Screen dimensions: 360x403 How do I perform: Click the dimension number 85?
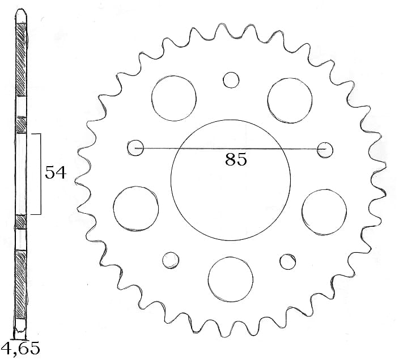(x=236, y=160)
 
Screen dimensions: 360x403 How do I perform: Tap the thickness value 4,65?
(x=20, y=348)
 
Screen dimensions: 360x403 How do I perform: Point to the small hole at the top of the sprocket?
(x=231, y=80)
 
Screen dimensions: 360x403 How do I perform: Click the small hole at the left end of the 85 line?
(x=135, y=148)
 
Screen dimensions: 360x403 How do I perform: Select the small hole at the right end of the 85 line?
(x=325, y=149)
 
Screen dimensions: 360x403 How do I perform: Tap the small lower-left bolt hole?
(x=170, y=260)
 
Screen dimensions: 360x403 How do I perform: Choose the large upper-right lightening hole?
(x=290, y=99)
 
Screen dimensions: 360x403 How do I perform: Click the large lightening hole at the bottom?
(x=230, y=278)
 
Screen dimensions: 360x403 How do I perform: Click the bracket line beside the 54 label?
(x=40, y=173)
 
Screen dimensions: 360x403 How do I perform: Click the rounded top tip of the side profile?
(x=21, y=12)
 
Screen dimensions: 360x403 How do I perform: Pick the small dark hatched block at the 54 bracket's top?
(x=21, y=124)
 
